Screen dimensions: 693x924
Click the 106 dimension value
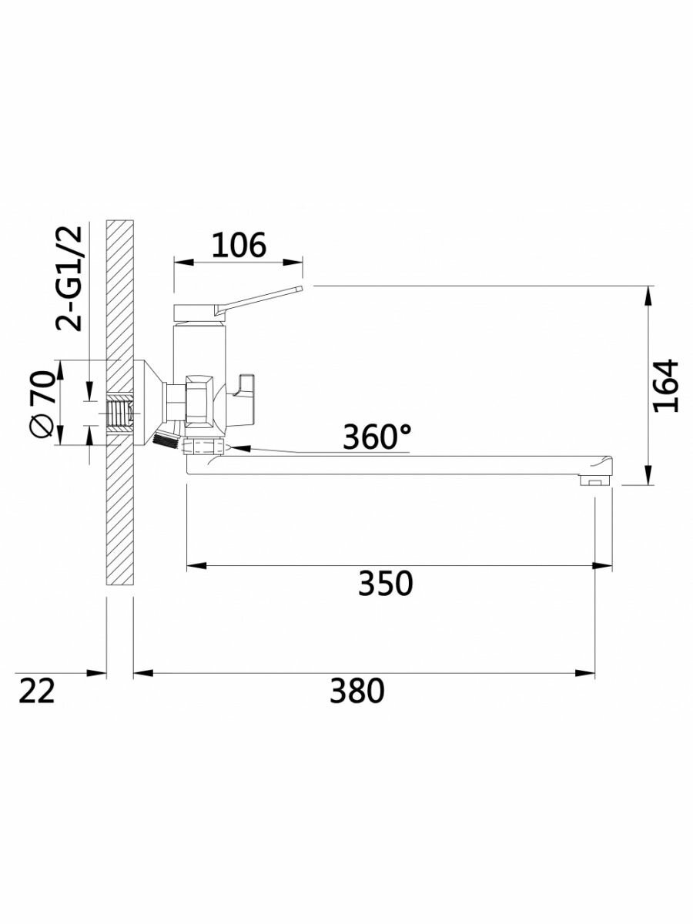pos(238,245)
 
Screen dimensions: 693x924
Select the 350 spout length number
pos(385,583)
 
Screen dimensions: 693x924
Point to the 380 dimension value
pos(357,691)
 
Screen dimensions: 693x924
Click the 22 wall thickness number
pos(37,691)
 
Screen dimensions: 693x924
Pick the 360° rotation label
pos(377,437)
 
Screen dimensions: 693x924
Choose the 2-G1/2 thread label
pos(69,278)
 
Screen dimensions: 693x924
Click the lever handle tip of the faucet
pos(300,288)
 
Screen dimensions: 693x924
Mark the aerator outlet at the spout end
pos(594,480)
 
